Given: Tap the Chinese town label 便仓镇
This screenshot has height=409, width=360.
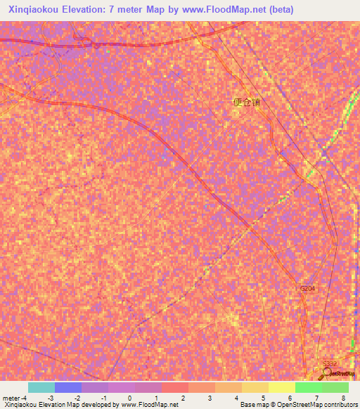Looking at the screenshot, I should (246, 102).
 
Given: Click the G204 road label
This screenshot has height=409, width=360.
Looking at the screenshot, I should (308, 289).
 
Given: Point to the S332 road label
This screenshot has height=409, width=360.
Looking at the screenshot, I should (330, 364).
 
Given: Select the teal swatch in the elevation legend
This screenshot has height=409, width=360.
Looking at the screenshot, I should (41, 387).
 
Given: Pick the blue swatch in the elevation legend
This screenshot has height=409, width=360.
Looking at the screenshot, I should (68, 387).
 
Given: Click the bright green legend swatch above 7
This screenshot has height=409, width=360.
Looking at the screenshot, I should (308, 387).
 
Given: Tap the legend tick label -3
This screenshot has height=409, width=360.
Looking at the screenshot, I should (51, 398).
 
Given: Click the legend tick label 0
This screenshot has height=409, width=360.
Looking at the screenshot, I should (130, 398).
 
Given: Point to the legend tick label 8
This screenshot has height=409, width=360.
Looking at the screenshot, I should (343, 398).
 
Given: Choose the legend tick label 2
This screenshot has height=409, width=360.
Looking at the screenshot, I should (183, 398).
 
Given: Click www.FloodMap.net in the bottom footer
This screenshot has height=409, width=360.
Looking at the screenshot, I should (149, 405).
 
